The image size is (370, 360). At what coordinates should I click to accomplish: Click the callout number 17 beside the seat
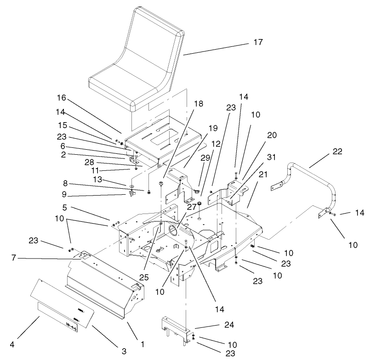click(x=258, y=42)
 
